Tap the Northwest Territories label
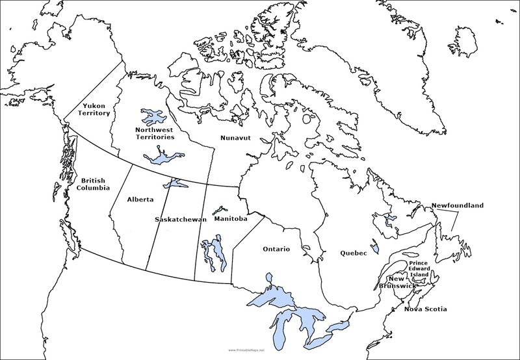[x=155, y=133]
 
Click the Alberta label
[x=141, y=199]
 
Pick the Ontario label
[x=276, y=249]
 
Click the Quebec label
[x=353, y=253]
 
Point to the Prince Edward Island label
[x=419, y=269]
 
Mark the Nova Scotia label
[x=426, y=309]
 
